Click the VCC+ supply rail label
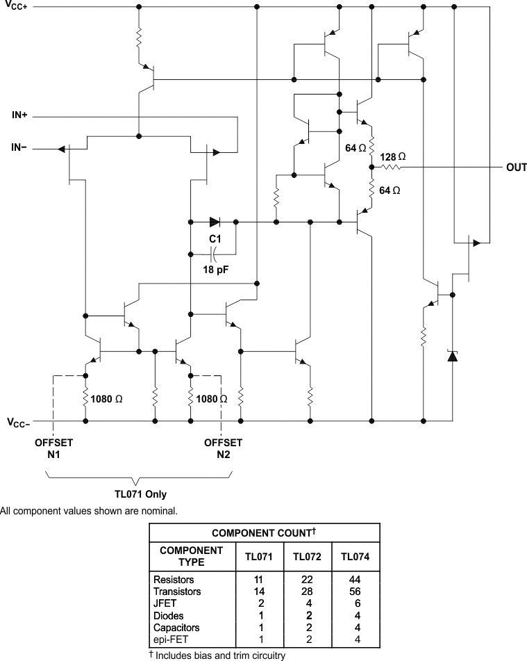tap(17, 5)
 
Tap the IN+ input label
tap(19, 115)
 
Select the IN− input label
tap(19, 147)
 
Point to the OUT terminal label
tap(516, 168)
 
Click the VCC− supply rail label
tap(19, 423)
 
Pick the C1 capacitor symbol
tap(214, 254)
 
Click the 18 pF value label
tap(216, 270)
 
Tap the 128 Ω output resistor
tap(392, 168)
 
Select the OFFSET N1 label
tap(53, 448)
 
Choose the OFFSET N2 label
tap(224, 448)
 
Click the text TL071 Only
tap(141, 494)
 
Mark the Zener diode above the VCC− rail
tap(453, 356)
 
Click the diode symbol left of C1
tap(215, 222)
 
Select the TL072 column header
tap(307, 557)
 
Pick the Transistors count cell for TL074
tap(355, 591)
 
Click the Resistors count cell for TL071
tap(259, 580)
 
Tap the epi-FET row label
tap(171, 639)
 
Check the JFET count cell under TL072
tap(309, 603)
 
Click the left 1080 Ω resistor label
tap(106, 399)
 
